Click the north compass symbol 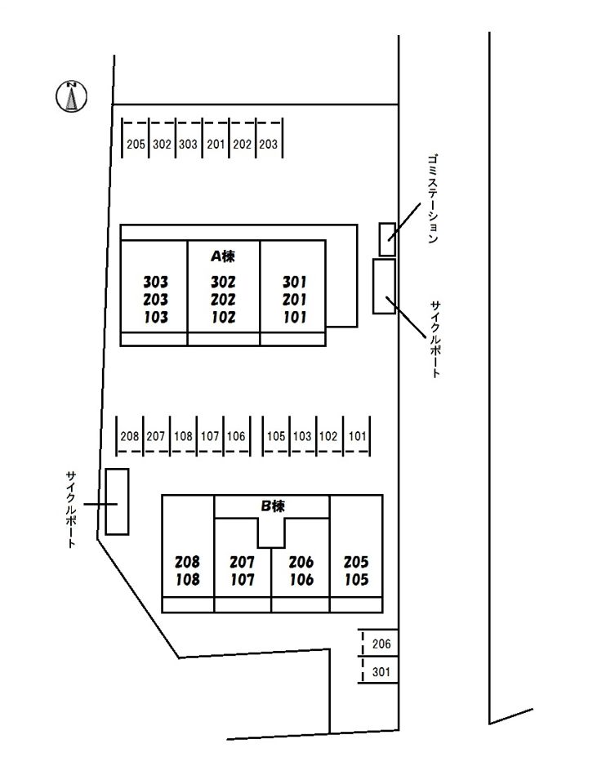(72, 96)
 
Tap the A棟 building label (222, 256)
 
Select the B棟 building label (273, 506)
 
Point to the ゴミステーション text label (433, 198)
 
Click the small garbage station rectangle (387, 239)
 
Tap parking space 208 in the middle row (130, 435)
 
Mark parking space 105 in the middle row (276, 435)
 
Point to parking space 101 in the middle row (357, 435)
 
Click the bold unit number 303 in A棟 (155, 282)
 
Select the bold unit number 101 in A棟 (295, 317)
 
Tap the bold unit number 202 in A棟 (223, 300)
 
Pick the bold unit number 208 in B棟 (187, 562)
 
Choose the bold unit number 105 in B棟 (356, 580)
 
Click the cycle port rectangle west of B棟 (117, 501)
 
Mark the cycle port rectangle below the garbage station (384, 286)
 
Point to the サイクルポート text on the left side (72, 509)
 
